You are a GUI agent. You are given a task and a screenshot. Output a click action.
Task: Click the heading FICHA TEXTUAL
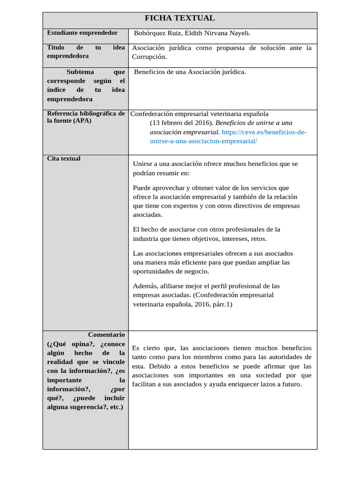(180, 18)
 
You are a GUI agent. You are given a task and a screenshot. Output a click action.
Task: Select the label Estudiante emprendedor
(82, 33)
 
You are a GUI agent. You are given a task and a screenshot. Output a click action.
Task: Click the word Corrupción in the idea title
(149, 57)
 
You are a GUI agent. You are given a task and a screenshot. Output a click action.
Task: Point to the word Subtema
(80, 72)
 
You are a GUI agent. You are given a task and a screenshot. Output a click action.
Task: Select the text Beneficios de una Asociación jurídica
(189, 72)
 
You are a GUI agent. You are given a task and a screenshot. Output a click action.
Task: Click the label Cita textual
(64, 159)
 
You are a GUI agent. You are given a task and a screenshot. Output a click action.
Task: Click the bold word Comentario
(106, 335)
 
